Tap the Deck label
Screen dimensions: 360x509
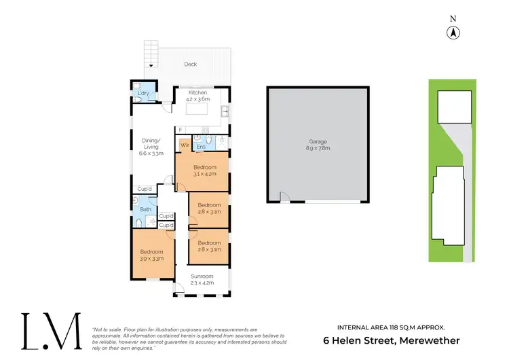[x=191, y=65]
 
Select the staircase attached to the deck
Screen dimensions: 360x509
[x=151, y=54]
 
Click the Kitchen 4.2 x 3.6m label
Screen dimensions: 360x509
[x=197, y=96]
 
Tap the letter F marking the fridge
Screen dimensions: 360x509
[x=181, y=129]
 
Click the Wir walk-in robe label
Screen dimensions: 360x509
[x=184, y=145]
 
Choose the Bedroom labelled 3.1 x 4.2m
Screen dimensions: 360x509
[x=204, y=170]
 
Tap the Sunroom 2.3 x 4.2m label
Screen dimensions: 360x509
[x=202, y=280]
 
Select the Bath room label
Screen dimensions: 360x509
[x=146, y=209]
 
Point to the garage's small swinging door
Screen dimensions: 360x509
[x=285, y=198]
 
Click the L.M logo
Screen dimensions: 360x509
[x=50, y=332]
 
